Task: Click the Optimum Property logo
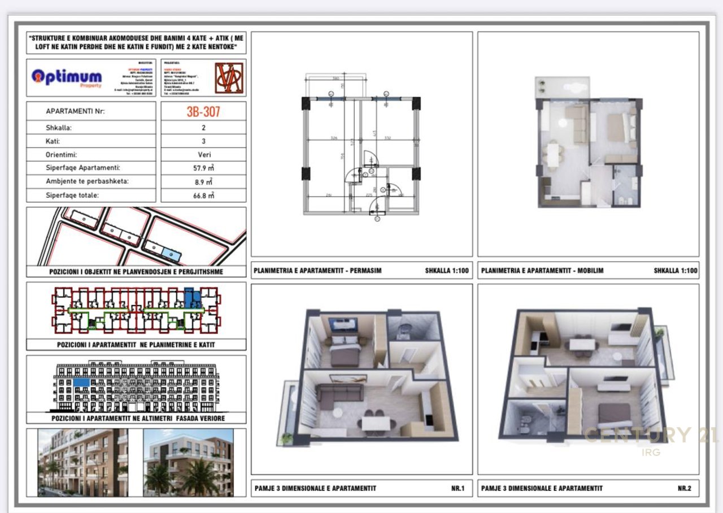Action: tap(67, 77)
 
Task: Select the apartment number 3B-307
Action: tap(203, 111)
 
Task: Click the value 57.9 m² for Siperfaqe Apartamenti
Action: tap(203, 168)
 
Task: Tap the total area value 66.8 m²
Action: tap(203, 195)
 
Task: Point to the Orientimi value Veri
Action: tap(203, 154)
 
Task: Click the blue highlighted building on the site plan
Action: tap(170, 254)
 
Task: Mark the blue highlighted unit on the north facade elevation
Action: tap(81, 382)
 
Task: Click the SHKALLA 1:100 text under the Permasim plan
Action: tap(447, 271)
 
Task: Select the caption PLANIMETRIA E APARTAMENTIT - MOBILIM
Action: tap(542, 271)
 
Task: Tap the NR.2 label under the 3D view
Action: tap(684, 488)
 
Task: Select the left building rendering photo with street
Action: tap(83, 462)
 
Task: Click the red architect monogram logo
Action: tap(229, 78)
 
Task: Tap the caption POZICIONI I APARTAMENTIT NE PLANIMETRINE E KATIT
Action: tap(136, 345)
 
